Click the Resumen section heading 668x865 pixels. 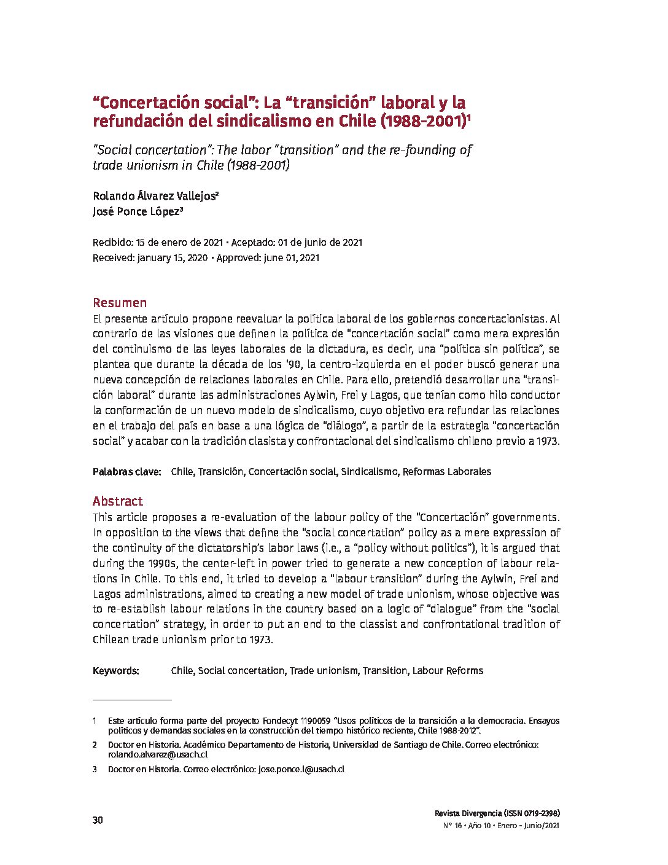point(120,303)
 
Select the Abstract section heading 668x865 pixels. point(117,501)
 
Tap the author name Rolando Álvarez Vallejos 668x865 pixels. point(153,197)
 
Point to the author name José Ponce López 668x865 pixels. point(136,212)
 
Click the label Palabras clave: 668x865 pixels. point(126,472)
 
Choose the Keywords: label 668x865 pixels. point(116,671)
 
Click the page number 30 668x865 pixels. point(98,821)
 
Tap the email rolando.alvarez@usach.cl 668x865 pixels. point(157,754)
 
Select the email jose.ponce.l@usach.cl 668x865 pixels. point(301,769)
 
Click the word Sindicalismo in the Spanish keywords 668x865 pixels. point(369,472)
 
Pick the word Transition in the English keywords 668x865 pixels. point(385,671)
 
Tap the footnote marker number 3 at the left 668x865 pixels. point(95,769)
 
